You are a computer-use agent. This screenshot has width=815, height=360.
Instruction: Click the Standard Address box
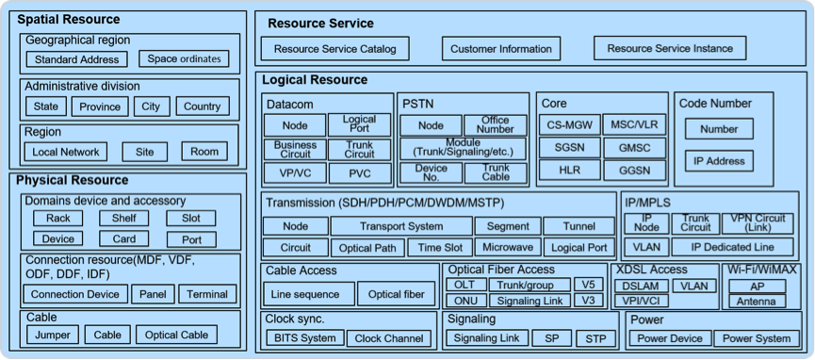tap(77, 59)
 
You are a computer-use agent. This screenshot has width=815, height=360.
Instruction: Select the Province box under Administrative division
tap(100, 106)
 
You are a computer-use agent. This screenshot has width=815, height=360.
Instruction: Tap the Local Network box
tap(66, 152)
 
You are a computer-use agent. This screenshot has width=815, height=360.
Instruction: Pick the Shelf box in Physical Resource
tap(124, 218)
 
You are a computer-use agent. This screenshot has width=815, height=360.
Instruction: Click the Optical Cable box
tap(177, 335)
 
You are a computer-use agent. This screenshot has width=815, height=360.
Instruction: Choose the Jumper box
tap(53, 335)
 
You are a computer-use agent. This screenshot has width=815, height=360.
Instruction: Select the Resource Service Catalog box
tap(334, 49)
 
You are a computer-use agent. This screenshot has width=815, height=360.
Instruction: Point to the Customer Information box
tap(501, 49)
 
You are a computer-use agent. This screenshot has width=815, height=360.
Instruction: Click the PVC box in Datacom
tap(360, 173)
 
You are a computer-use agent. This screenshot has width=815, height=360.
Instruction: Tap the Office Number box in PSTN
tap(495, 124)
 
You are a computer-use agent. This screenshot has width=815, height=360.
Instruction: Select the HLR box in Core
tap(570, 171)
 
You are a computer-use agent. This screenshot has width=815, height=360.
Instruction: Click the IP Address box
tap(718, 161)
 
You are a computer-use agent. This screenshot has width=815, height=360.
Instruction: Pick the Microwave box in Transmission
tap(508, 247)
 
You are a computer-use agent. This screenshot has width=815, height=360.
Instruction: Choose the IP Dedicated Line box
tap(732, 247)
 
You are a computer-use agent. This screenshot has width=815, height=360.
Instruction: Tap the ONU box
tap(466, 301)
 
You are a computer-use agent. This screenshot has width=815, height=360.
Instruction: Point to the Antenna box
tap(757, 302)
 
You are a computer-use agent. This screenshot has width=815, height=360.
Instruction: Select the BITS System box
tap(305, 338)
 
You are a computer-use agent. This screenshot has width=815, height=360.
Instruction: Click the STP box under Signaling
tap(595, 338)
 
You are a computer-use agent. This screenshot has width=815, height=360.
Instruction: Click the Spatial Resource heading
tap(69, 20)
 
